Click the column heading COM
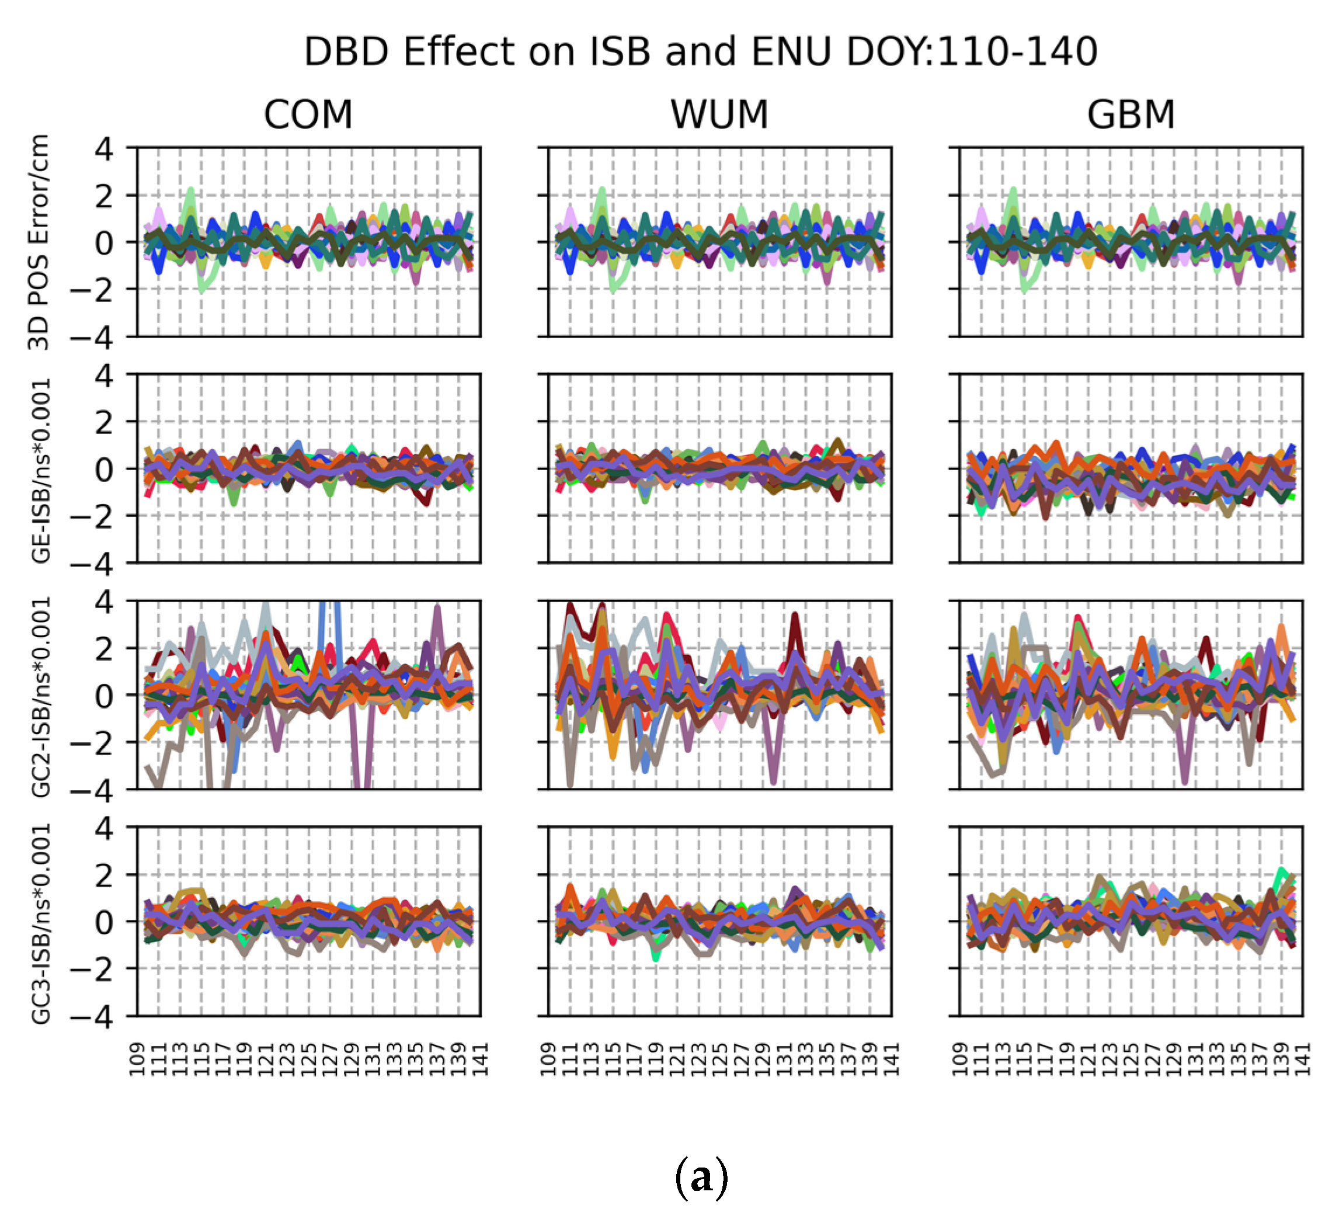[x=308, y=114]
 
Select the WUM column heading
[x=719, y=114]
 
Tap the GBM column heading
[x=1131, y=114]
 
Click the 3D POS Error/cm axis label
[x=39, y=242]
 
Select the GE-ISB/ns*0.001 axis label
[x=41, y=470]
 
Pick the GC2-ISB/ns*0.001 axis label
[x=41, y=696]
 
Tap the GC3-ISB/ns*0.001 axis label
[x=41, y=923]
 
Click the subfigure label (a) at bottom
[x=701, y=1176]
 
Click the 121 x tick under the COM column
[x=266, y=1059]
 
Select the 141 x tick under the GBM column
[x=1302, y=1059]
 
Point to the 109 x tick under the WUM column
[x=548, y=1059]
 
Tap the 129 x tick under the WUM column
[x=763, y=1059]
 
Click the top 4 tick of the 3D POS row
[x=105, y=149]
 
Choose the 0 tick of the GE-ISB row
[x=105, y=470]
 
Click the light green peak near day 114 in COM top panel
[x=190, y=190]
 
